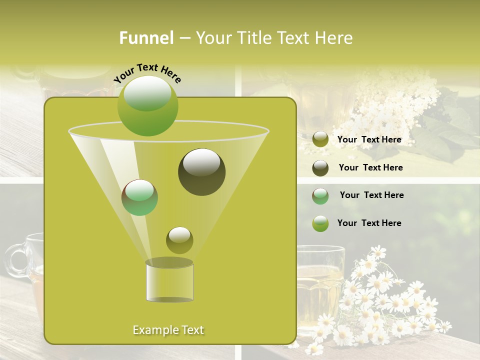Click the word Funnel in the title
pyautogui.click(x=146, y=38)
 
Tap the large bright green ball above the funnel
pyautogui.click(x=148, y=105)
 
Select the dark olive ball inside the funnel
pyautogui.click(x=202, y=171)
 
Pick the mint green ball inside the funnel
pyautogui.click(x=139, y=197)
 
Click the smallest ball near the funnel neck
pyautogui.click(x=179, y=240)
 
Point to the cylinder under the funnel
pyautogui.click(x=169, y=281)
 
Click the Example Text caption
pyautogui.click(x=168, y=330)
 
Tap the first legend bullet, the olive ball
pyautogui.click(x=320, y=139)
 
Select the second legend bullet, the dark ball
pyautogui.click(x=320, y=168)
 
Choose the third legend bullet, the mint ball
pyautogui.click(x=320, y=196)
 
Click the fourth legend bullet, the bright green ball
pyautogui.click(x=320, y=223)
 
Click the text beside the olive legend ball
pyautogui.click(x=369, y=140)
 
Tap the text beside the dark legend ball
pyautogui.click(x=370, y=167)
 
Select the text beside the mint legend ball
pyautogui.click(x=371, y=195)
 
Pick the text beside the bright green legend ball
pyautogui.click(x=369, y=223)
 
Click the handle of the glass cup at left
pyautogui.click(x=17, y=260)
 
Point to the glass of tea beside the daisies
pyautogui.click(x=320, y=285)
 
